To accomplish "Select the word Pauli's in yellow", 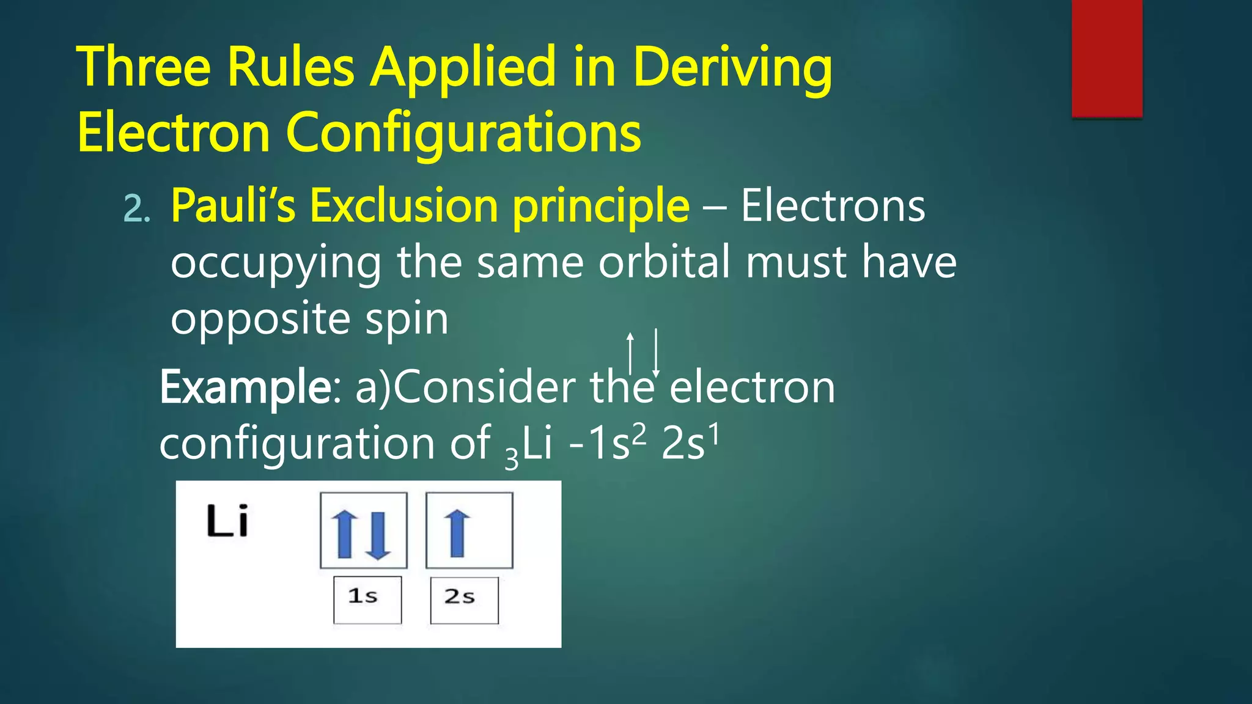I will tap(233, 206).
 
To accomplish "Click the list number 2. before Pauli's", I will tap(136, 209).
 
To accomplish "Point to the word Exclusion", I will tap(404, 206).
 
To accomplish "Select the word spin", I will tap(407, 320).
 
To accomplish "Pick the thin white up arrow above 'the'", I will tap(630, 353).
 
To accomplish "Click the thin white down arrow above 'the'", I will tap(656, 353).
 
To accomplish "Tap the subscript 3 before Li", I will tap(511, 459).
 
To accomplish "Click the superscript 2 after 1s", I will tap(638, 433).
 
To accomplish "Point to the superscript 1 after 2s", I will tap(713, 433).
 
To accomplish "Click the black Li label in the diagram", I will tap(227, 521).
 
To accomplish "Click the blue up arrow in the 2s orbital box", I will tap(457, 533).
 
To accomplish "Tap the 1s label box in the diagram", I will tap(367, 599).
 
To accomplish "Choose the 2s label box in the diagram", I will tap(464, 600).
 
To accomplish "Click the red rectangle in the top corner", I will tap(1107, 58).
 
